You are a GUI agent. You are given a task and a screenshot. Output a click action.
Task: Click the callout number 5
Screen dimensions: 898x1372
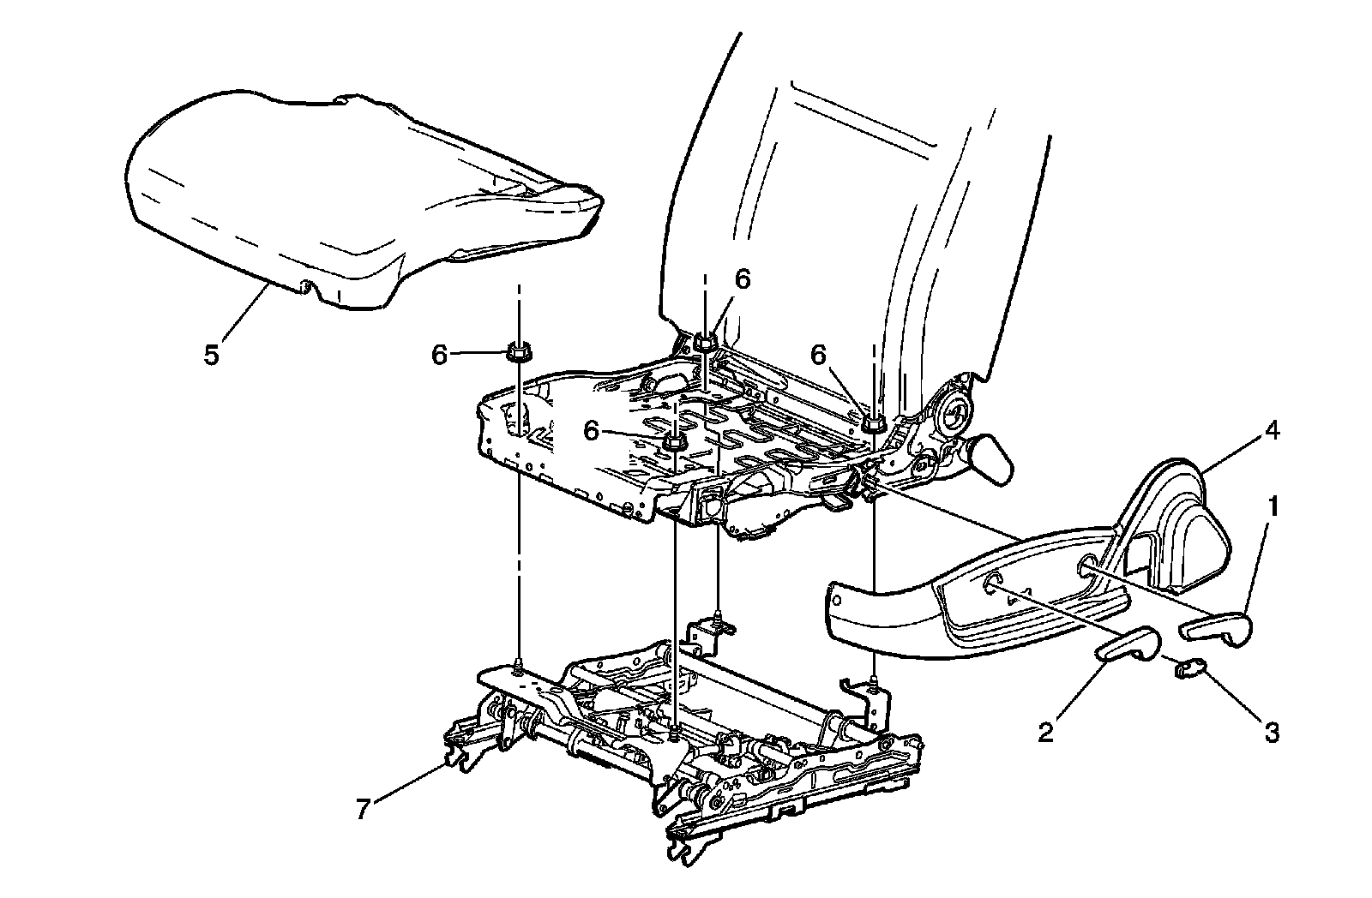(212, 353)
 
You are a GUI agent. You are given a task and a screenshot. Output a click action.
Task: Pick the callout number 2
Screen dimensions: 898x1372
(1045, 733)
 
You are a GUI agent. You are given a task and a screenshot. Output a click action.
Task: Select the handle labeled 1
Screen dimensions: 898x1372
(1216, 628)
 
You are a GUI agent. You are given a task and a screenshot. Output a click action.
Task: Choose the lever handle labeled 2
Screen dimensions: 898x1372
(1128, 644)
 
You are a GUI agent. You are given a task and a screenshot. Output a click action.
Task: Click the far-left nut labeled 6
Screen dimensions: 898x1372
(517, 352)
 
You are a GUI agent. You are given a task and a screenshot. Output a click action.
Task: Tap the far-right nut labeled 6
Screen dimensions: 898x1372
(874, 422)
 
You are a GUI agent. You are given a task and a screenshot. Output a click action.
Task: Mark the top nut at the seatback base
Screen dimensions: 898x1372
(704, 343)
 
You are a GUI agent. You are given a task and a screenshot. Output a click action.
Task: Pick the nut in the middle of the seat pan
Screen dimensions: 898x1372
(674, 442)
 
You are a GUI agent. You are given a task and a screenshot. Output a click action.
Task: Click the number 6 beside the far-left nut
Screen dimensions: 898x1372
(440, 354)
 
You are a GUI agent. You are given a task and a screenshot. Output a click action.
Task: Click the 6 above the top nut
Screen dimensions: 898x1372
(743, 279)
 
